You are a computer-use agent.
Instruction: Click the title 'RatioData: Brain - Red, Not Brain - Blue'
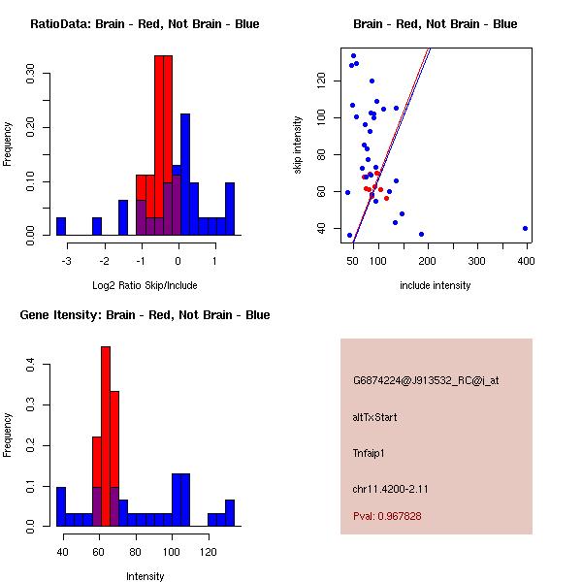pos(145,24)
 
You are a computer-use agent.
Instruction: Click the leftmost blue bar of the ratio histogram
pos(61,226)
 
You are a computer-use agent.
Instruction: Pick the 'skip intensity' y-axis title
pos(299,145)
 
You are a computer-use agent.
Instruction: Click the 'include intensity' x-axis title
pos(435,285)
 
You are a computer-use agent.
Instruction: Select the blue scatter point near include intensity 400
pos(525,229)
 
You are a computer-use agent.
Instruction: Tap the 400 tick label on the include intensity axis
pos(525,261)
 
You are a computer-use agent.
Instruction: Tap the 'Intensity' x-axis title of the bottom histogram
pos(145,576)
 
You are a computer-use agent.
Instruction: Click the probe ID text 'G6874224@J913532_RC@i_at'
pos(426,381)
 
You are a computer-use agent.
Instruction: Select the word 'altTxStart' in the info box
pos(375,417)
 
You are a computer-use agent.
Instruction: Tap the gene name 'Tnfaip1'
pos(370,453)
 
